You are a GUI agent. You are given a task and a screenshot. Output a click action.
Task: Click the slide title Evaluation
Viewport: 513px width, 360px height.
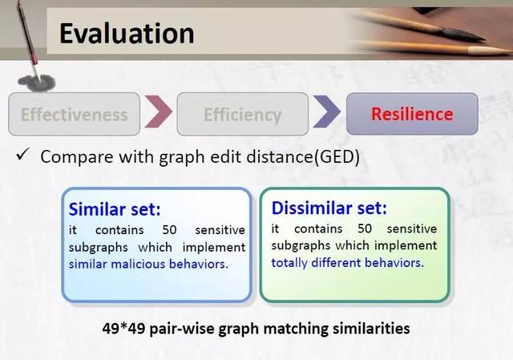[127, 33]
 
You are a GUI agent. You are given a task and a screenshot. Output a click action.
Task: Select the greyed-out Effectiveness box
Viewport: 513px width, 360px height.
[75, 114]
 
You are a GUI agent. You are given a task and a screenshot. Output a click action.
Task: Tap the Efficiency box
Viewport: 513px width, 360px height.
[242, 114]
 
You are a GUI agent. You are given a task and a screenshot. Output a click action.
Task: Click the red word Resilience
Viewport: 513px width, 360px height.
[412, 114]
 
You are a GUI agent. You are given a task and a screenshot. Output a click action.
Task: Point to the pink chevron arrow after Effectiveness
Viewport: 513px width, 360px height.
[159, 111]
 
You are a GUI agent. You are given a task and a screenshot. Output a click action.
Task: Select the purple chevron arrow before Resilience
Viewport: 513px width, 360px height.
[326, 111]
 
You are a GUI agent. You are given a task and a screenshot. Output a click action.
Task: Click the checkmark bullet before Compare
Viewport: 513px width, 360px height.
[23, 154]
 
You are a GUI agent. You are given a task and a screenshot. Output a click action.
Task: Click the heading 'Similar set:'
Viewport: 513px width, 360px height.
[115, 209]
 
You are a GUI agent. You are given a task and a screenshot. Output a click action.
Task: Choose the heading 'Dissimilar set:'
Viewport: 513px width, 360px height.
[329, 208]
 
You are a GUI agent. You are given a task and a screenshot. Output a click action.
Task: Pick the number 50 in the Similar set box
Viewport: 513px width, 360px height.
[169, 230]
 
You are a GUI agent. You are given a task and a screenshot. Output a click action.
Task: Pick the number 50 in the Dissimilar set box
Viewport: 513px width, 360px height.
[365, 229]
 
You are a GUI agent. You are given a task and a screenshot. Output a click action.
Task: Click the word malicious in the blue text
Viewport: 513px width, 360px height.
[139, 264]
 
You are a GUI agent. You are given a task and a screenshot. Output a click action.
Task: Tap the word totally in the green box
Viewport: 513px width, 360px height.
[289, 263]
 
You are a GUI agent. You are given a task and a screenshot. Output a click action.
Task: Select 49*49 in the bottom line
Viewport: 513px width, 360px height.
[123, 328]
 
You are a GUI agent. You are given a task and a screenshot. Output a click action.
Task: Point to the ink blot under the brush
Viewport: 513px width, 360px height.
[37, 83]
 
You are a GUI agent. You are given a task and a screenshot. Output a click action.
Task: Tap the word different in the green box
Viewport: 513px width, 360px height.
[336, 262]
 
